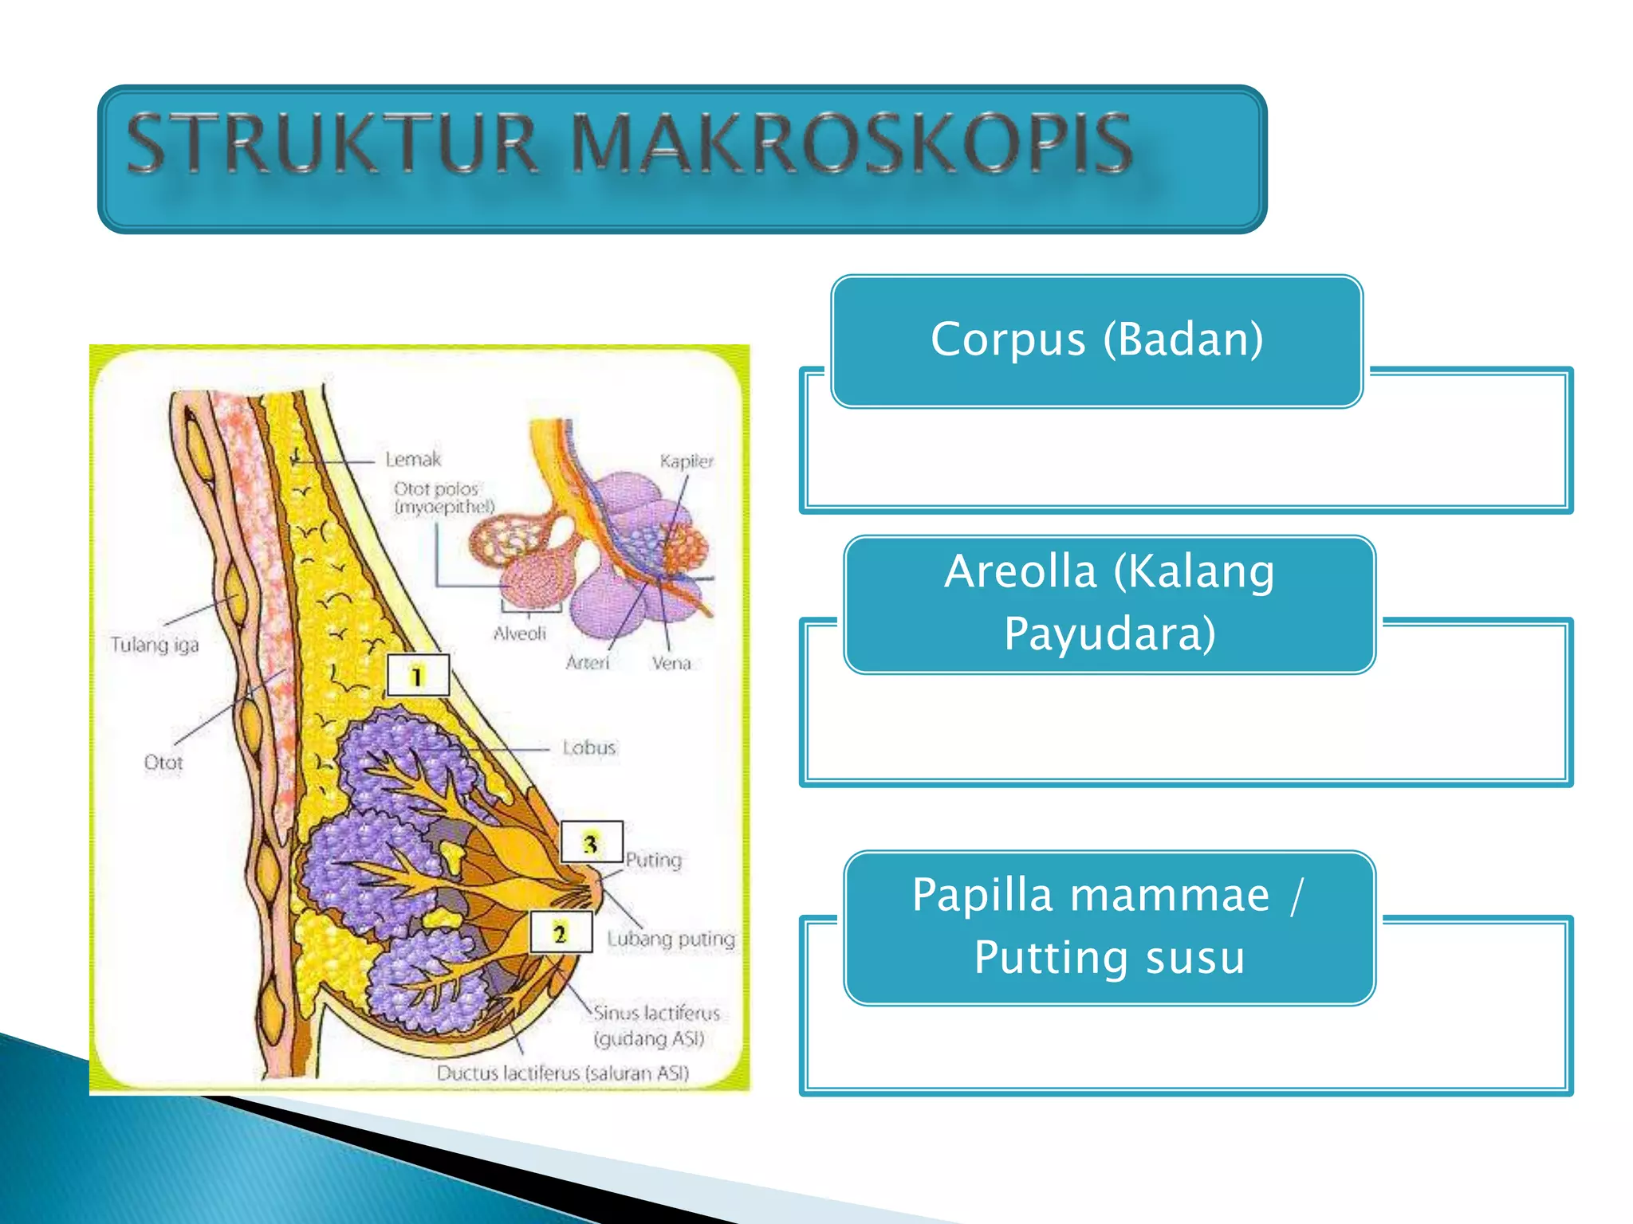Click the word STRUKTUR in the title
[333, 143]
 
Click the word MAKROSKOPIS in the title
[852, 143]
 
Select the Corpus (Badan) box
[1096, 340]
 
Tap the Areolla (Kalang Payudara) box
[1109, 603]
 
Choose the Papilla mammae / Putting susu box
[1109, 926]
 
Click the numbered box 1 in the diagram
[417, 676]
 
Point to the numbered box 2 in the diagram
[561, 932]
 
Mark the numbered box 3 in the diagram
[591, 842]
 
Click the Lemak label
[413, 459]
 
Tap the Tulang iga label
[155, 644]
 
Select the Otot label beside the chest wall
[163, 763]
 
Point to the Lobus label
[589, 747]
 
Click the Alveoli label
[520, 634]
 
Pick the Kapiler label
[687, 461]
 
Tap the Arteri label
[588, 662]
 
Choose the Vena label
[671, 662]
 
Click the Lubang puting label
[671, 939]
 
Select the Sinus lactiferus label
[655, 1014]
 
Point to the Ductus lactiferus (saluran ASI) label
[562, 1073]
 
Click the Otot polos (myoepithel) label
[443, 497]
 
